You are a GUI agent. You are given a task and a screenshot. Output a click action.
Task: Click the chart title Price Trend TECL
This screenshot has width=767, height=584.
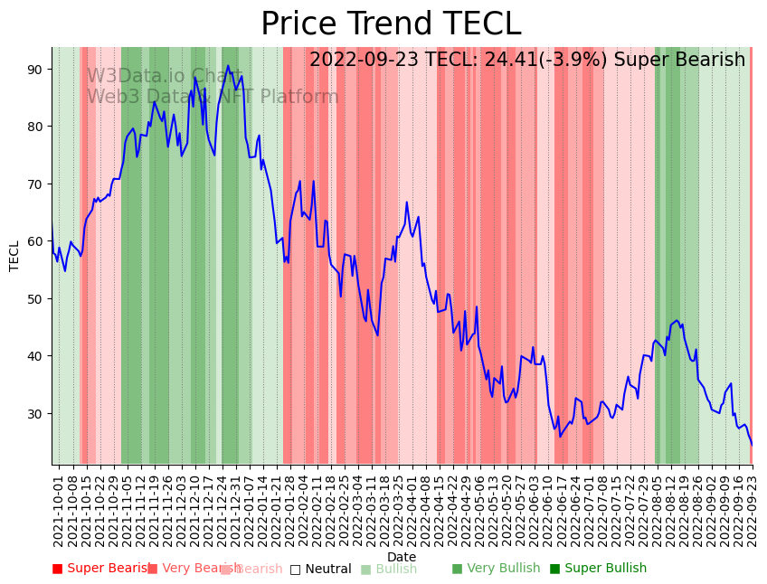click(x=391, y=24)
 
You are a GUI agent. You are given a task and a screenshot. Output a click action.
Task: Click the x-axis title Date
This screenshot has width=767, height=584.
click(x=402, y=557)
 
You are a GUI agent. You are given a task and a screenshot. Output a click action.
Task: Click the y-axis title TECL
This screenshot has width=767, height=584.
click(x=14, y=256)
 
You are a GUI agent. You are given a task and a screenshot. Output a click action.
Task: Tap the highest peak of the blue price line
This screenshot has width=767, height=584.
click(x=228, y=66)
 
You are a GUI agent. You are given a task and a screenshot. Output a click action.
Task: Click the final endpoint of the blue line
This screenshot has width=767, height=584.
click(x=751, y=445)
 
